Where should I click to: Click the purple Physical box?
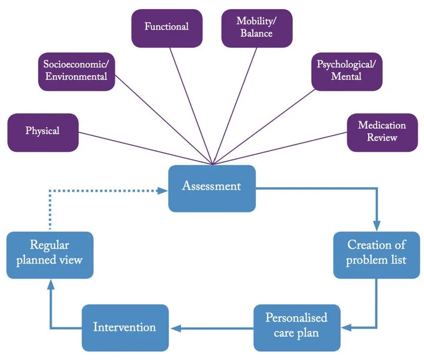pyautogui.click(x=43, y=131)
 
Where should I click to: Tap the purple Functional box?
pyautogui.click(x=167, y=27)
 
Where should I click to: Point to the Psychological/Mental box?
pyautogui.click(x=346, y=71)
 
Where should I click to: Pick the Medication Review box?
pyautogui.click(x=382, y=131)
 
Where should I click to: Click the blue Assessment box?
pyautogui.click(x=212, y=188)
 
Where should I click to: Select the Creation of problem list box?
pyautogui.click(x=377, y=253)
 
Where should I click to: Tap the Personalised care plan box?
pyautogui.click(x=296, y=326)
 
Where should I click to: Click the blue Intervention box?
pyautogui.click(x=125, y=327)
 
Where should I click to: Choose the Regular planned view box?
pyautogui.click(x=50, y=253)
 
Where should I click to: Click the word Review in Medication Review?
pyautogui.click(x=382, y=138)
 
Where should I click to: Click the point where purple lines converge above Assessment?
pyautogui.click(x=213, y=164)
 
